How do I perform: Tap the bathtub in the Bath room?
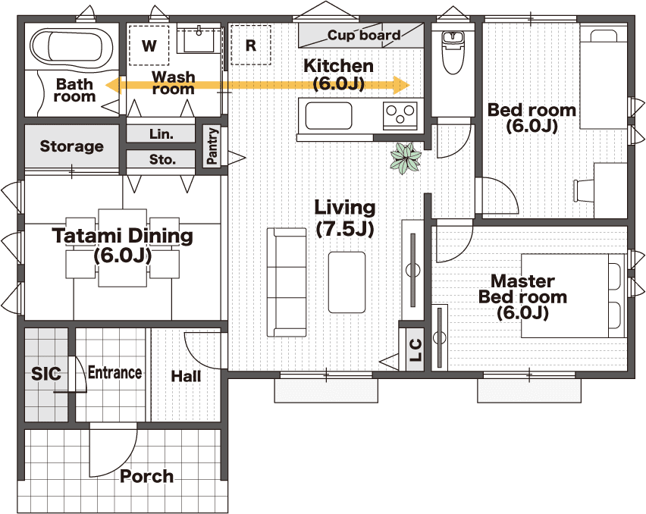coord(72,48)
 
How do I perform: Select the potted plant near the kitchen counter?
coord(406,158)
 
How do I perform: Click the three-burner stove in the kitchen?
coord(400,114)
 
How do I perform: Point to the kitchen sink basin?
coord(328,116)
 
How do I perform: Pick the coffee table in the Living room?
coord(347,282)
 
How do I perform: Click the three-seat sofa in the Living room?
coord(287,283)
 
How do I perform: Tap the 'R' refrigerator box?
coord(250,45)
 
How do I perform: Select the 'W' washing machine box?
coord(149,45)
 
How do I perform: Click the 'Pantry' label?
coord(212,146)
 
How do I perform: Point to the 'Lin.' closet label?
coord(161,134)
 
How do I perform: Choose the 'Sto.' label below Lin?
coord(162,159)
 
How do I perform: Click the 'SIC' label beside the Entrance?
coord(45,374)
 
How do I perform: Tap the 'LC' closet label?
coord(416,349)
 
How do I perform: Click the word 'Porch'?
coord(146,476)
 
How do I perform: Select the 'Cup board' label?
coord(364,35)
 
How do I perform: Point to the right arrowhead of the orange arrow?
coord(402,85)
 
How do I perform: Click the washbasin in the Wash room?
coord(199,40)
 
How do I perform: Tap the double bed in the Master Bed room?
coord(573,296)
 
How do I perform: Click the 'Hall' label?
coord(186,376)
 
